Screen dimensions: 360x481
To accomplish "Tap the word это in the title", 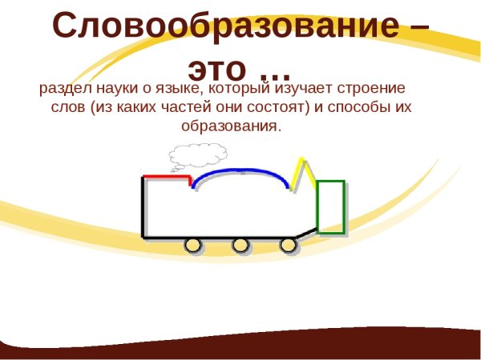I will tap(214, 62).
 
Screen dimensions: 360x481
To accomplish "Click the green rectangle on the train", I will tap(331, 207).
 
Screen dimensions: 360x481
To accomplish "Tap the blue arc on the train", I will tap(240, 172).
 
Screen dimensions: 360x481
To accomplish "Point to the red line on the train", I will tap(165, 176).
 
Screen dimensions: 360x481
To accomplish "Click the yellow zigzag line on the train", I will tap(302, 173).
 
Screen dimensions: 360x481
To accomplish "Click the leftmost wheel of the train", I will tap(193, 245).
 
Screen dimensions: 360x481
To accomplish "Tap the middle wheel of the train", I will tap(240, 245).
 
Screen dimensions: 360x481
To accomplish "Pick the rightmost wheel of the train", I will tap(288, 245).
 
